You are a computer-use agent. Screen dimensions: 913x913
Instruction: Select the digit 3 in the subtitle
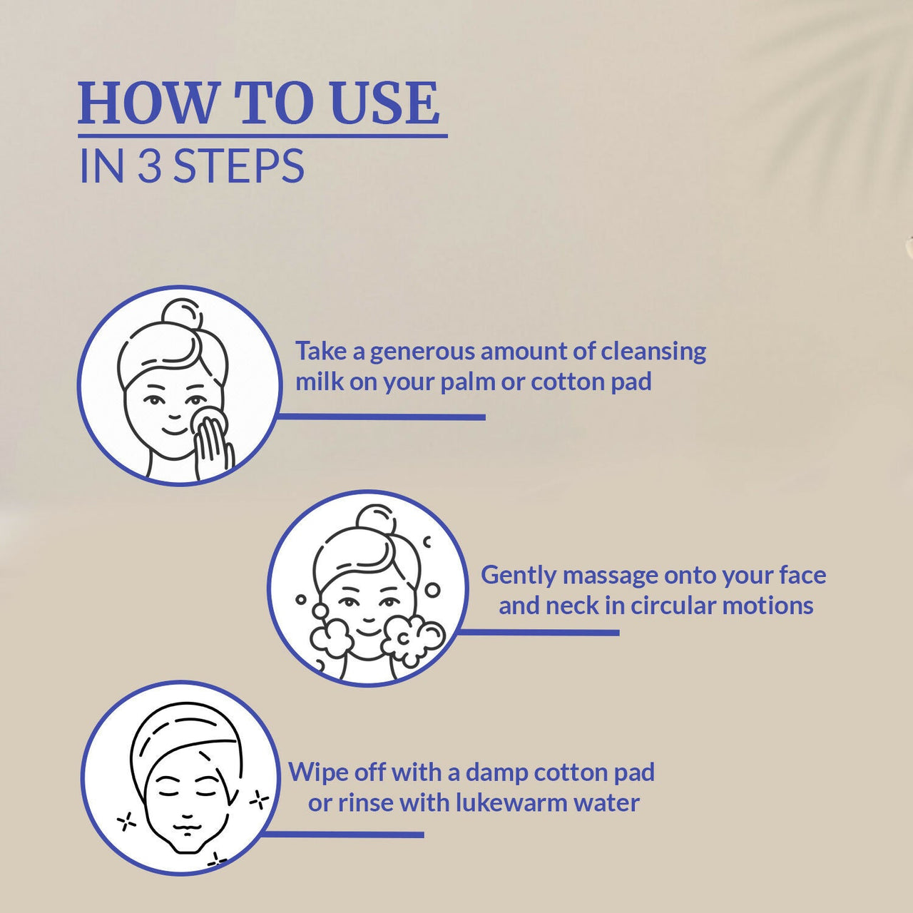pos(149,165)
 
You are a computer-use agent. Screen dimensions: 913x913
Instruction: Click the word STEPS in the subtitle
pos(238,165)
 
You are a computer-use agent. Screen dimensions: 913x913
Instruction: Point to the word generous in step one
pos(423,352)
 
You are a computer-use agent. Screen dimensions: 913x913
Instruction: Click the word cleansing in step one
pos(653,352)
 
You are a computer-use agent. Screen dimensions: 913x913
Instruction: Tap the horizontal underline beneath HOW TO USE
pos(263,136)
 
